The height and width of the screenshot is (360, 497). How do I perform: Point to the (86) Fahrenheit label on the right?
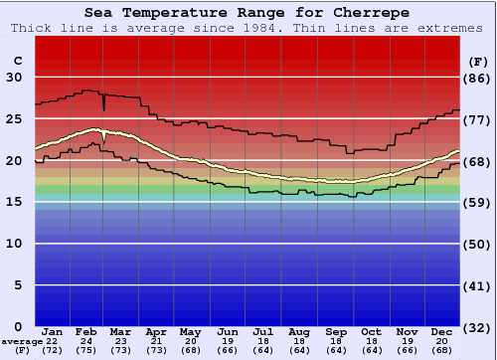pos(478,78)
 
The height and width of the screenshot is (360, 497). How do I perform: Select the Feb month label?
pos(87,330)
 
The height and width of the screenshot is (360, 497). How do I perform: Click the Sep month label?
pos(335,330)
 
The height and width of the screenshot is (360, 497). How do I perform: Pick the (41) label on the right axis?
pos(478,285)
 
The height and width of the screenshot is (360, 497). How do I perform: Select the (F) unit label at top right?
pos(478,61)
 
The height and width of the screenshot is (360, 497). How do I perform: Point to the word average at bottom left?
pos(21,341)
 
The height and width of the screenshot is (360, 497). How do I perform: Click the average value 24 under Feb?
pos(87,341)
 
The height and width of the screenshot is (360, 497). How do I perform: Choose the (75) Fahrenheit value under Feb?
pos(87,351)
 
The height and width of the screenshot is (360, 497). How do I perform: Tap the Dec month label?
pos(441,330)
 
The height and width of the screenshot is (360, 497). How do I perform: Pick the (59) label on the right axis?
pos(478,202)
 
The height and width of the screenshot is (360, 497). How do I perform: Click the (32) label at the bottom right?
pos(478,326)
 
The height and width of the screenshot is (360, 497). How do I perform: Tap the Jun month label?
pos(229,330)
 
